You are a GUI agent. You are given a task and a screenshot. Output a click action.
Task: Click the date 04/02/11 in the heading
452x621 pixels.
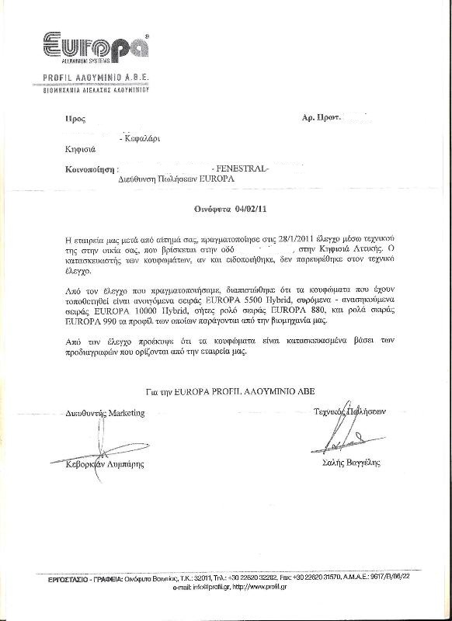click(241, 210)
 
